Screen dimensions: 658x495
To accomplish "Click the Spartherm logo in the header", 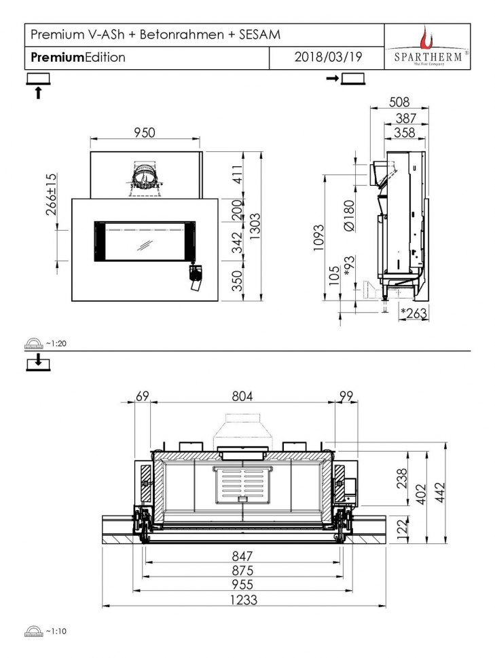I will (427, 46).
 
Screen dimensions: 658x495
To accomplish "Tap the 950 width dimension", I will (145, 132).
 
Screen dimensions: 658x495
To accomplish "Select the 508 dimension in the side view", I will (399, 102).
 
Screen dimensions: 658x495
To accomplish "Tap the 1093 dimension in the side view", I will (319, 237).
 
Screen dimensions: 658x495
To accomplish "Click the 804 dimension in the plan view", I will (242, 396).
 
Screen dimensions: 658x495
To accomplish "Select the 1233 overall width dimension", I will (242, 600).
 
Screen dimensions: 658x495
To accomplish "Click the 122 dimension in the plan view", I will (401, 527).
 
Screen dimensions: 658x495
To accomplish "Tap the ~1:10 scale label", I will (56, 631).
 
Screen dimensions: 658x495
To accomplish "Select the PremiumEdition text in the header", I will (77, 58).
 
